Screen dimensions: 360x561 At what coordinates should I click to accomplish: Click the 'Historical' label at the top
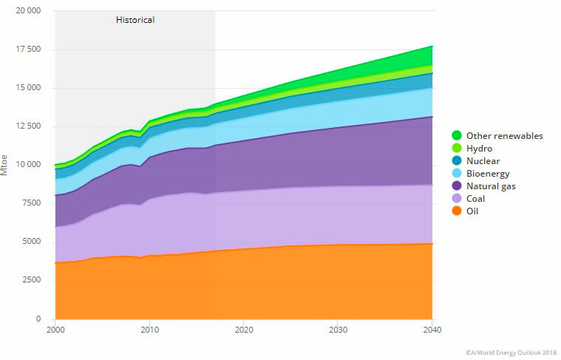(135, 20)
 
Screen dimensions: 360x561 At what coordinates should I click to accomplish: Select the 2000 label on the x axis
(55, 329)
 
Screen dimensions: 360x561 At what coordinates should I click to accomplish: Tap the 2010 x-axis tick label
(149, 329)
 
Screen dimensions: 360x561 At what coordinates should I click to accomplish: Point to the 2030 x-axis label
(338, 329)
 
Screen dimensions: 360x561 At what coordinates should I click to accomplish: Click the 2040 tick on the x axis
(432, 329)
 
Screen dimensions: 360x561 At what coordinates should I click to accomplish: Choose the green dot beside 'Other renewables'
(457, 135)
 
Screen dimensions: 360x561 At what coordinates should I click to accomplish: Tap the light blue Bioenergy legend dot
(457, 173)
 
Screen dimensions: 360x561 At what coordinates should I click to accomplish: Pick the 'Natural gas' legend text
(491, 186)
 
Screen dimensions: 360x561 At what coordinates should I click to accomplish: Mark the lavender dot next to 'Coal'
(457, 198)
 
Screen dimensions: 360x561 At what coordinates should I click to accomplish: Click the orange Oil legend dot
(457, 211)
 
